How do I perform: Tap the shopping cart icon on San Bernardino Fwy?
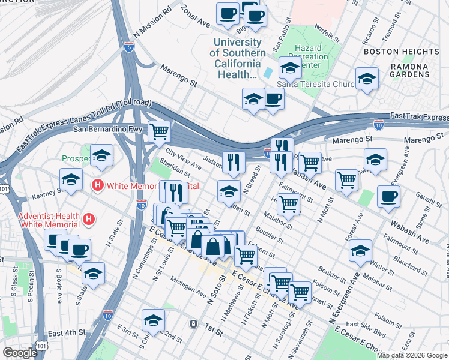[159, 131]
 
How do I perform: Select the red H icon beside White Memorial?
[96, 185]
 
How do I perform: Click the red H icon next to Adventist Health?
[89, 220]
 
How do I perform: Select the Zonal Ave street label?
[195, 17]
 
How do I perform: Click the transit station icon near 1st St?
[193, 323]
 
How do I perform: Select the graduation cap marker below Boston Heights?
[367, 79]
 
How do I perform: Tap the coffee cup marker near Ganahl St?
[388, 197]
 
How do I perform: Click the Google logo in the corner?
[20, 353]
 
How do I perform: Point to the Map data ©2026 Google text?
[411, 355]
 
